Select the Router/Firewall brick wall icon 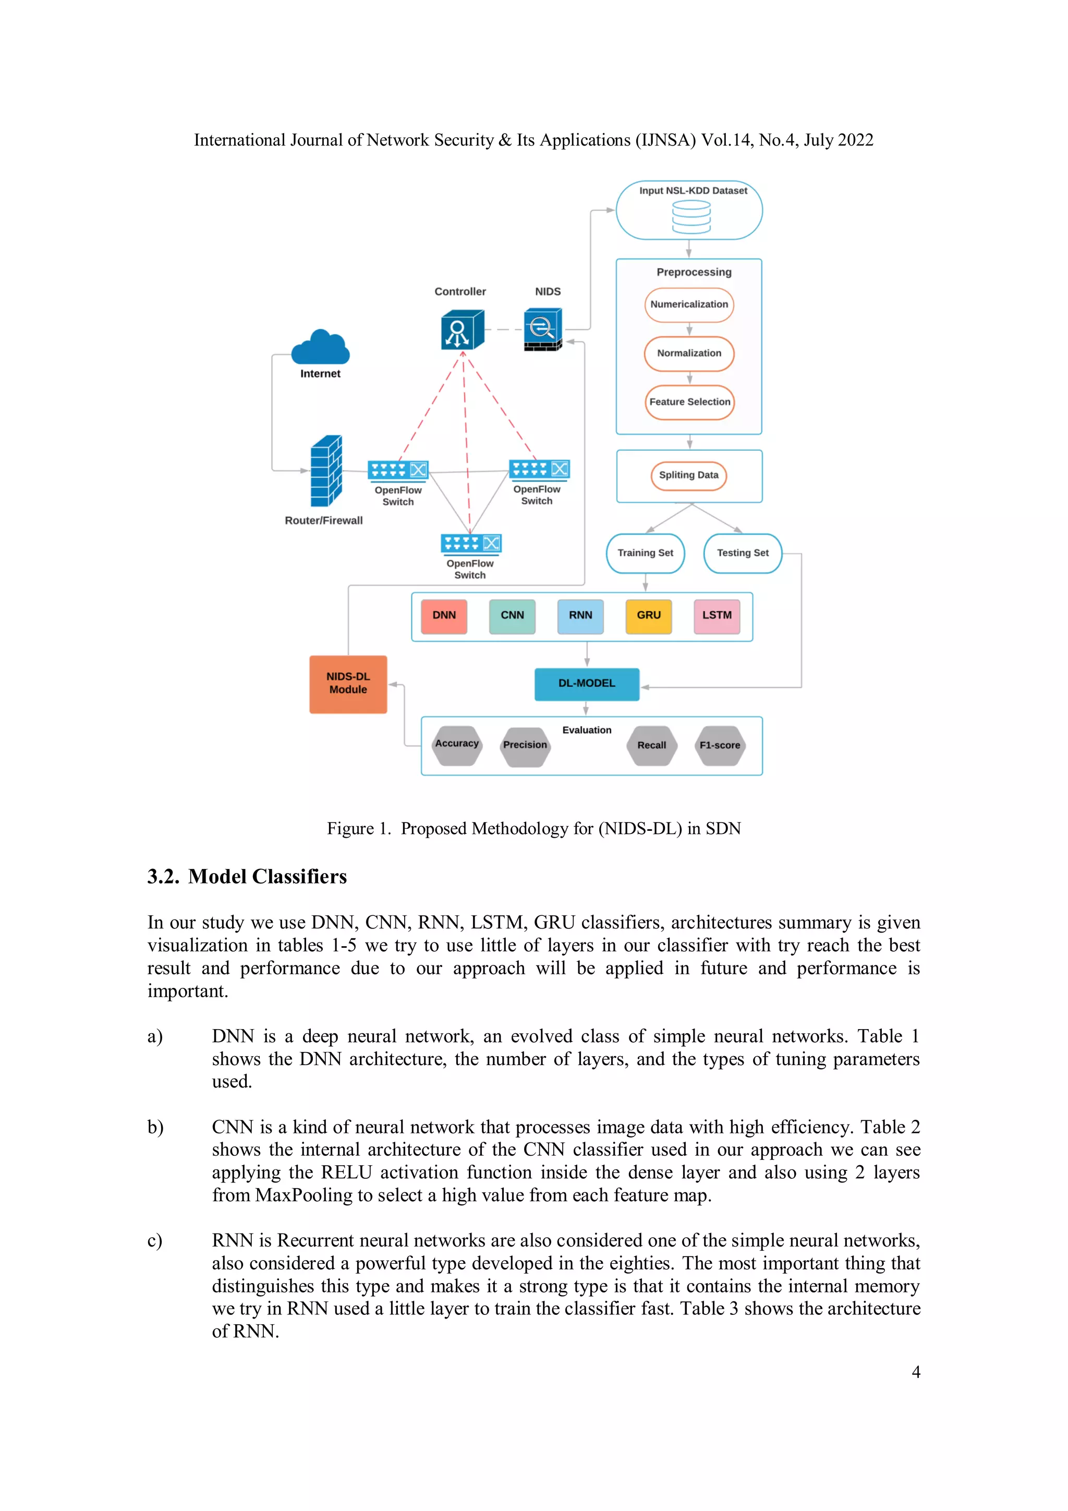click(326, 471)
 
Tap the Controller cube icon click(462, 330)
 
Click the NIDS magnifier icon click(543, 329)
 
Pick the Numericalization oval click(689, 305)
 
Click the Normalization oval click(689, 354)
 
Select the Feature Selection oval click(689, 402)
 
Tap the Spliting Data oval click(688, 475)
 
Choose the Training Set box click(645, 553)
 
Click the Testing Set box click(742, 553)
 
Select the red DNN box click(444, 616)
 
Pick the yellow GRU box click(648, 616)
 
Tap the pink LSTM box click(717, 616)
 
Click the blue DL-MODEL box click(586, 684)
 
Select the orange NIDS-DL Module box click(348, 684)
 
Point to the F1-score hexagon click(720, 746)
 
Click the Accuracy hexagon click(457, 745)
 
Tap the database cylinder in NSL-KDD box click(691, 217)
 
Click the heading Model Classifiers click(266, 877)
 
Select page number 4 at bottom click(915, 1372)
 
